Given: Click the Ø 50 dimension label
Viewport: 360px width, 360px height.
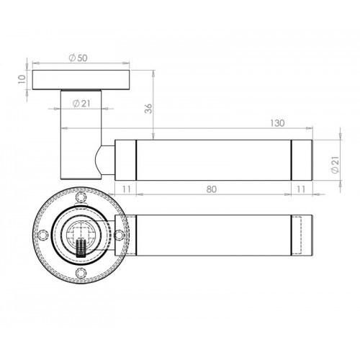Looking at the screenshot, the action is pos(78,58).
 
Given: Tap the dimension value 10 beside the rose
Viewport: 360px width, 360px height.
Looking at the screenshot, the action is pos(22,79).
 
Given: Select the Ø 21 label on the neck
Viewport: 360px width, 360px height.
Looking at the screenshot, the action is pos(81,104).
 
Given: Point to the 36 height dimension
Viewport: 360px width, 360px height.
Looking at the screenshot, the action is pos(149,109).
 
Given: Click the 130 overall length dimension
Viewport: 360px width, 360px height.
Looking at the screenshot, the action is pos(277,123).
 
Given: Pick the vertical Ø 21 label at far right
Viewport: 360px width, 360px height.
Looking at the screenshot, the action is pos(335,164).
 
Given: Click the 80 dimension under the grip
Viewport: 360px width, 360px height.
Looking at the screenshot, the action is pos(212,189).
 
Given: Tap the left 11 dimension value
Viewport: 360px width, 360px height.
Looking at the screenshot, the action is pos(126,189).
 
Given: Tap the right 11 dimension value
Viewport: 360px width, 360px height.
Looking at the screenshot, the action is pos(301,189).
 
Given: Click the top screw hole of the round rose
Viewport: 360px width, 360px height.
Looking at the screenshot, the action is pos(81,197).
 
